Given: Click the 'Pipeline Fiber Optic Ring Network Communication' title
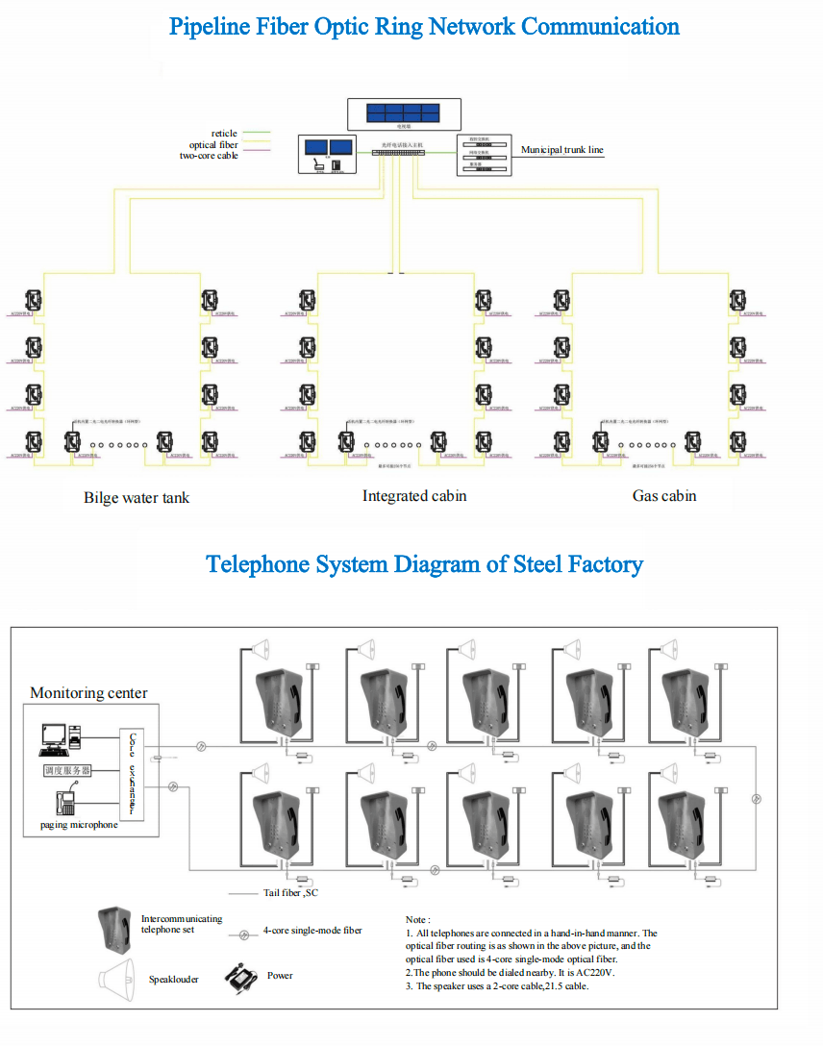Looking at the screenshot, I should pos(424,26).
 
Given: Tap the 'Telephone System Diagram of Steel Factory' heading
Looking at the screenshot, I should pos(424,563).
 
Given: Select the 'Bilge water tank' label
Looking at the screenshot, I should pos(137,498).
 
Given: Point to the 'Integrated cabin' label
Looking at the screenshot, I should pos(414,496).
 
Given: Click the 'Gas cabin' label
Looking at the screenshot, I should pos(664,496).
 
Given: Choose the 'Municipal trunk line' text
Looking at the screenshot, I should pos(562,150).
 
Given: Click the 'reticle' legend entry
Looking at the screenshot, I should pos(224,133).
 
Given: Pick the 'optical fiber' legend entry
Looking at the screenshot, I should pos(213,144).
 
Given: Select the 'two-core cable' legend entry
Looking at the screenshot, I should pos(209,156).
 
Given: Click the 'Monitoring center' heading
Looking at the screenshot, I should pos(88,693).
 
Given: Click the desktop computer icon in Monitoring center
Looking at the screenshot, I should pos(54,738).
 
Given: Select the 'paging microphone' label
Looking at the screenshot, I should pos(79,825).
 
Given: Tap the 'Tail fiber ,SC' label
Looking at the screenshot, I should pos(291,893).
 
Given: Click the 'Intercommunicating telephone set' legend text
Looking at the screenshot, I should pos(182,925).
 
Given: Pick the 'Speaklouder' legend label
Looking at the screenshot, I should pos(174,980).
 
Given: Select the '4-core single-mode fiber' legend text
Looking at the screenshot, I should pos(312,931).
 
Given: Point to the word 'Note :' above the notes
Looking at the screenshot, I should pos(418,920).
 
